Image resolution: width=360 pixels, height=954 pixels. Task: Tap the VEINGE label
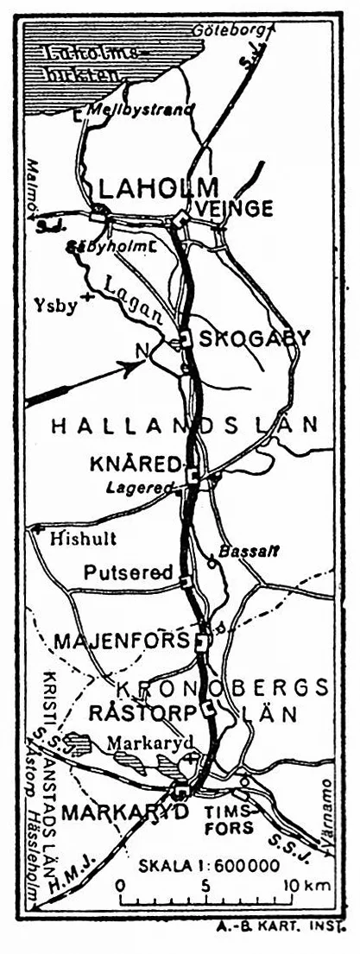click(x=235, y=209)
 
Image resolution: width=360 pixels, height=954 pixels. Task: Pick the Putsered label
click(x=129, y=572)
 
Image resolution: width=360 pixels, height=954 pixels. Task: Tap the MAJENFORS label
click(x=122, y=641)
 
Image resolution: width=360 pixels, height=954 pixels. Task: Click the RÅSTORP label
click(x=144, y=713)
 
